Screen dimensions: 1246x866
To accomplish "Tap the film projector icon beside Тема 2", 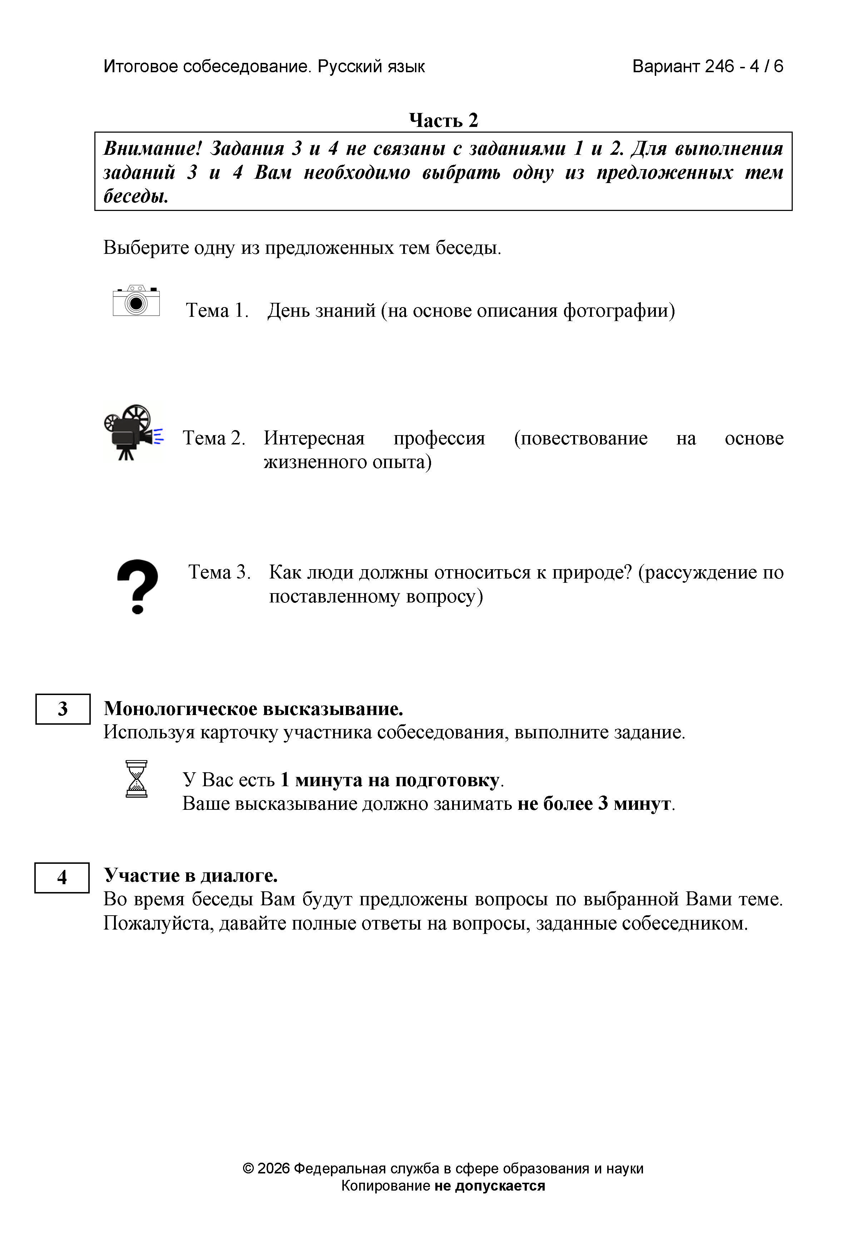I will [x=133, y=433].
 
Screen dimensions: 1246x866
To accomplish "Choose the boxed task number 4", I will [x=62, y=877].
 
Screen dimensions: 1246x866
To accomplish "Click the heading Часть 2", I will [x=443, y=120].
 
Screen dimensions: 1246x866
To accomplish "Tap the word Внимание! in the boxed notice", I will [x=153, y=148].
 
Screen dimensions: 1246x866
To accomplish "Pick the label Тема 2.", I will [x=214, y=438].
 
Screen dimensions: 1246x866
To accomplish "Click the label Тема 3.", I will [x=219, y=572].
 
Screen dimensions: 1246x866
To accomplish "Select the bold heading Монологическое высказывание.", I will [x=253, y=709].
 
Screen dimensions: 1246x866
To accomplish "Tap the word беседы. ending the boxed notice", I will [x=136, y=196].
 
